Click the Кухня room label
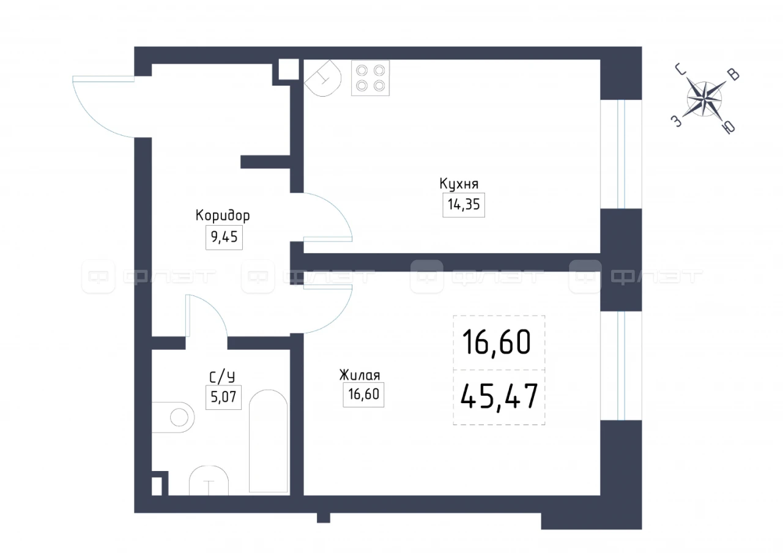tap(459, 184)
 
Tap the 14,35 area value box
tap(464, 205)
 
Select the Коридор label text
tap(223, 216)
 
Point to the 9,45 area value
tap(224, 237)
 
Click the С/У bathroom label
tap(222, 377)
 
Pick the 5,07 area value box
tap(223, 397)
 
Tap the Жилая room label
tap(360, 375)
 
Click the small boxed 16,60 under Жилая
tap(363, 395)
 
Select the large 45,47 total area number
tap(499, 396)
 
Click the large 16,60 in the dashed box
tap(497, 343)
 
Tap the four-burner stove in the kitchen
tap(370, 78)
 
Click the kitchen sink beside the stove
tap(323, 78)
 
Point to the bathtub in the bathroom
tap(268, 441)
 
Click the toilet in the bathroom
tap(173, 417)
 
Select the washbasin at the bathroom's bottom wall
tap(209, 480)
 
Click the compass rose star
tap(704, 99)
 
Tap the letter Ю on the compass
tap(729, 128)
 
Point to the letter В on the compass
tap(733, 75)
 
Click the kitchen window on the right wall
tap(621, 154)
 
